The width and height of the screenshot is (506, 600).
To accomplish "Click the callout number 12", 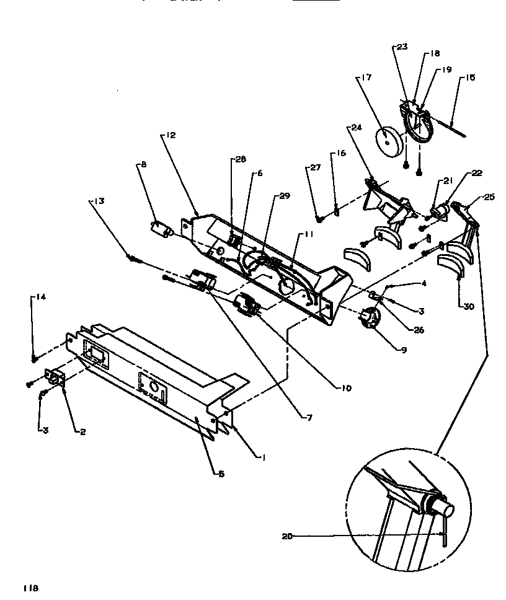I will (x=172, y=135).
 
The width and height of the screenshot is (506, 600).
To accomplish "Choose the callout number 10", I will (x=345, y=389).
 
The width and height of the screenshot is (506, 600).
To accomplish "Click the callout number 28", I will (x=240, y=159).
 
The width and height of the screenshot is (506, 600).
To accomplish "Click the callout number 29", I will (x=285, y=196).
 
